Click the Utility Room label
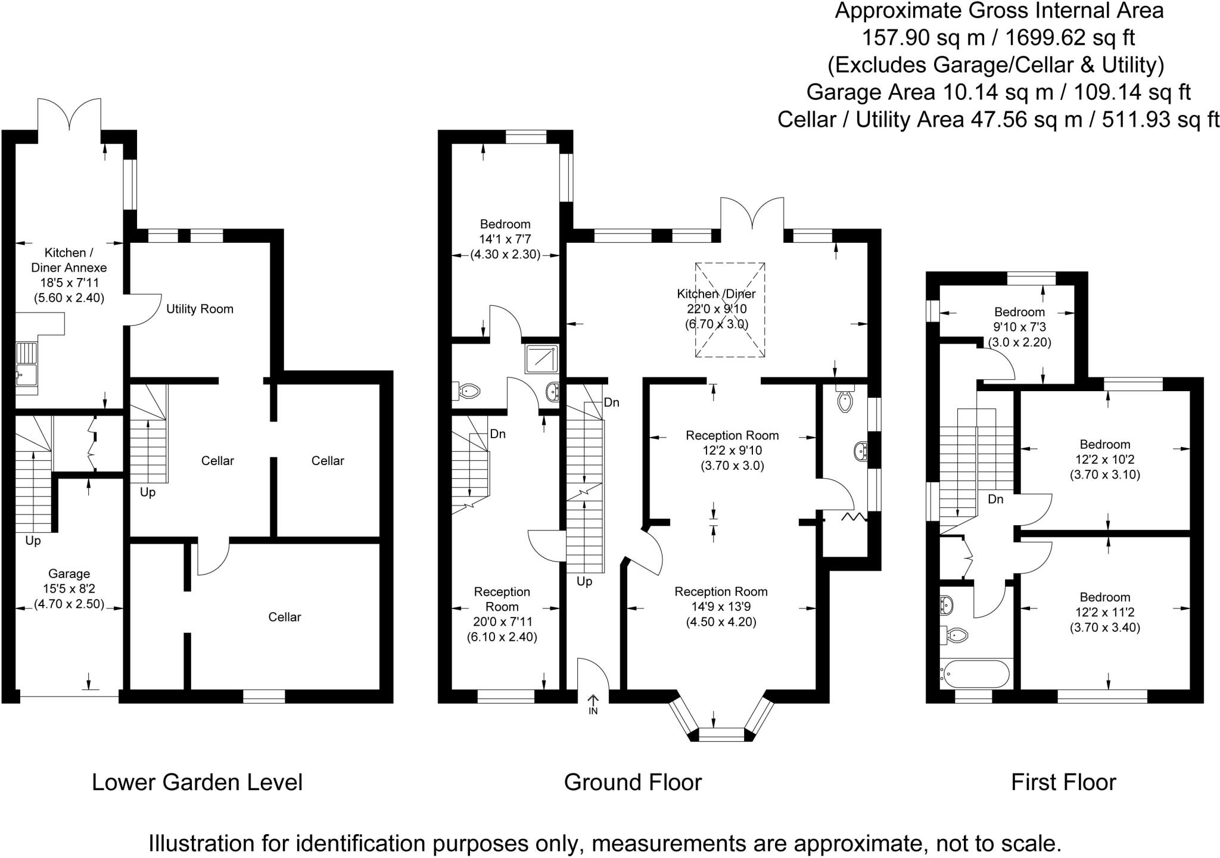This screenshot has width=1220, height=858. click(x=200, y=309)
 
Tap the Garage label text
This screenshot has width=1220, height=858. click(x=69, y=574)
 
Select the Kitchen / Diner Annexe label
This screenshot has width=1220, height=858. click(x=69, y=268)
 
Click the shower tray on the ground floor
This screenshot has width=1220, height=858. click(x=541, y=359)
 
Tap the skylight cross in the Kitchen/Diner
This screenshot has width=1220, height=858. click(x=730, y=310)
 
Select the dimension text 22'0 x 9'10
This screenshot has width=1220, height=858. click(x=716, y=309)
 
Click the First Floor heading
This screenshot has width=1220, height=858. click(x=1063, y=782)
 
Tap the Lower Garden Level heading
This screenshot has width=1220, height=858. click(x=197, y=782)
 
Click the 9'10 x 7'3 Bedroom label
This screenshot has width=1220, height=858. click(x=1019, y=312)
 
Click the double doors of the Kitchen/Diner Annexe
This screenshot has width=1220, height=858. click(x=70, y=114)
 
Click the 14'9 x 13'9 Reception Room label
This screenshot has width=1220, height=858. click(x=721, y=592)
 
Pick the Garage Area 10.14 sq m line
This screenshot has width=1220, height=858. click(x=998, y=92)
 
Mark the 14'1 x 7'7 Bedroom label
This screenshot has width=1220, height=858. click(x=505, y=224)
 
